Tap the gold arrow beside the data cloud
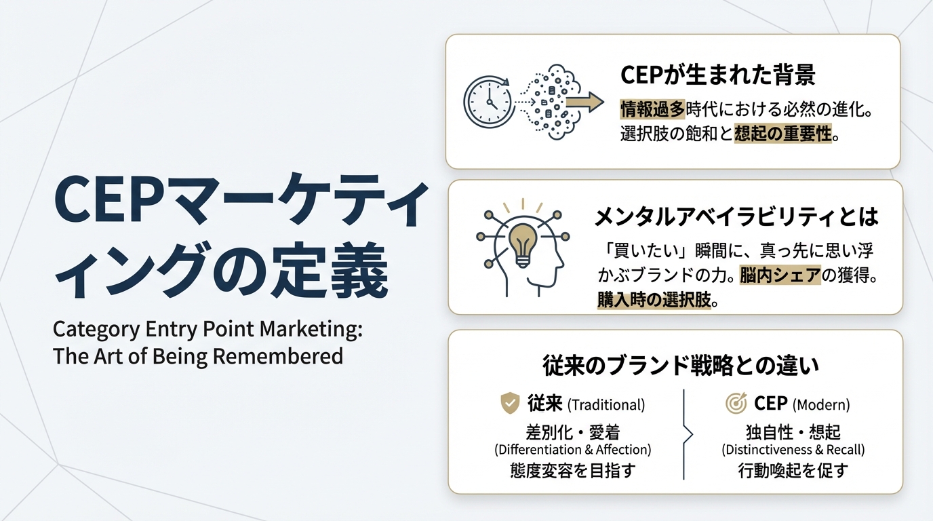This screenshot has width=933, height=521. pyautogui.click(x=584, y=102)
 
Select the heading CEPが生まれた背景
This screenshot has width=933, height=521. pyautogui.click(x=717, y=75)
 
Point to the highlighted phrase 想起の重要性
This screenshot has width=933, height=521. pyautogui.click(x=783, y=134)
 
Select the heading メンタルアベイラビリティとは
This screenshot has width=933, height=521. pyautogui.click(x=736, y=216)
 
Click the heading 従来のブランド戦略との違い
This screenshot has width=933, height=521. pyautogui.click(x=681, y=366)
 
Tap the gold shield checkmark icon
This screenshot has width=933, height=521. pyautogui.click(x=510, y=403)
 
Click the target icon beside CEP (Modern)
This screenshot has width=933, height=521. pyautogui.click(x=736, y=404)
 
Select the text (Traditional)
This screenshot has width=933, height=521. pyautogui.click(x=606, y=405)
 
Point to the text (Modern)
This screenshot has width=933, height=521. pyautogui.click(x=820, y=405)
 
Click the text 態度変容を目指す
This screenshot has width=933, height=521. pyautogui.click(x=572, y=470)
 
